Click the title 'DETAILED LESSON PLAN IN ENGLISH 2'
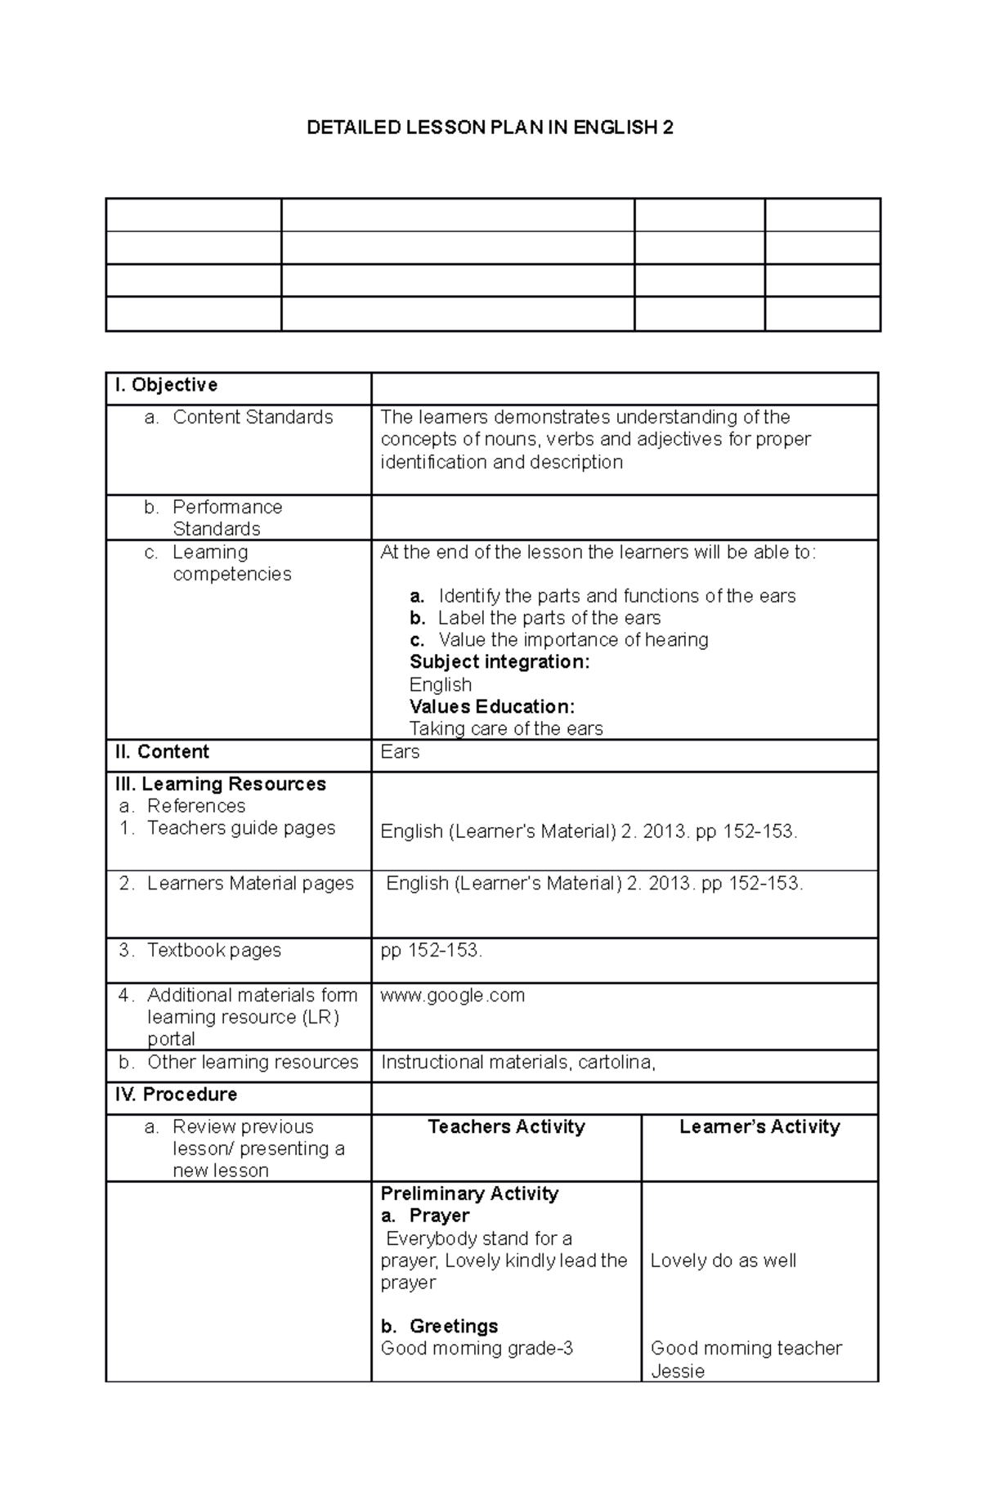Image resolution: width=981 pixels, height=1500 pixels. pos(490,128)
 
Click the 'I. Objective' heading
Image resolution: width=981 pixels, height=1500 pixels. pos(166,385)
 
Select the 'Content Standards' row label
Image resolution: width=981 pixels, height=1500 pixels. pos(253,417)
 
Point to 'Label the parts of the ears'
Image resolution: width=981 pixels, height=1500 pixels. pos(549,618)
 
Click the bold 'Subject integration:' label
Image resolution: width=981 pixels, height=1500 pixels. pos(499,662)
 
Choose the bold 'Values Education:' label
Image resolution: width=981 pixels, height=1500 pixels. pos(492,706)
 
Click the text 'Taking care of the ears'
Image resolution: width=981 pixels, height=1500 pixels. pos(506,728)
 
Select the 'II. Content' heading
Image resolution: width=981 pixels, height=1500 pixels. pos(162,752)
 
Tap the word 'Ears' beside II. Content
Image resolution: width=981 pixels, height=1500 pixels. pos(400,752)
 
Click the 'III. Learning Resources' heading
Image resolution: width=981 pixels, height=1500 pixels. pos(221,784)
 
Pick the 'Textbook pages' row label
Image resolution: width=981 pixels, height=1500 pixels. pos(213,950)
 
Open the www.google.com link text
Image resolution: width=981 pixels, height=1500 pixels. pos(453,996)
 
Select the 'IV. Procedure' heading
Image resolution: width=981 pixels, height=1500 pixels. pos(176,1095)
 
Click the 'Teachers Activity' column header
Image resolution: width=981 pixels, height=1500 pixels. pos(506,1127)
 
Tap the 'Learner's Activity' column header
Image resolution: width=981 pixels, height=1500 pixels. pos(759,1127)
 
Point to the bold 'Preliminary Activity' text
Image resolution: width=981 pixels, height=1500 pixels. pos(469,1193)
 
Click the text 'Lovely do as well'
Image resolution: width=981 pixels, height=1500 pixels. pos(723,1260)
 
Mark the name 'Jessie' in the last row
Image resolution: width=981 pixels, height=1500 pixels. pos(678,1371)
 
